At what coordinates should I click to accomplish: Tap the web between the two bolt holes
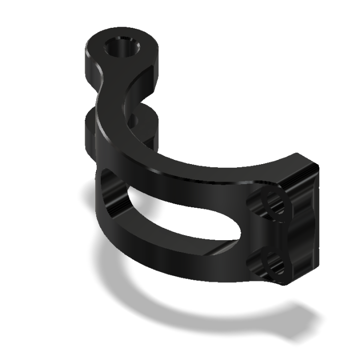click(x=270, y=234)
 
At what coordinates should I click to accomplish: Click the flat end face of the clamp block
click(x=303, y=226)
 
